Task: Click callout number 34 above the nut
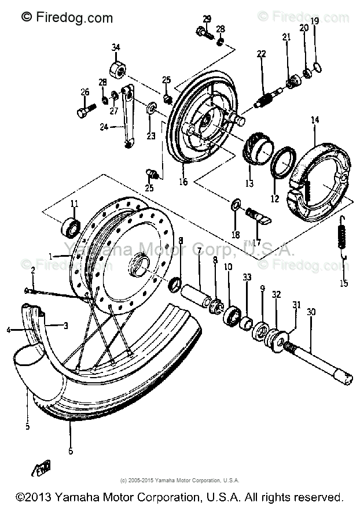tap(116, 47)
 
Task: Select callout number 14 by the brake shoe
tap(315, 120)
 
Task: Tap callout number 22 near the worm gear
tap(262, 54)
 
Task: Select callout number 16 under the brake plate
tap(183, 182)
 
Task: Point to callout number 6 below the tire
tap(71, 451)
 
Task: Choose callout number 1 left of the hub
tap(50, 256)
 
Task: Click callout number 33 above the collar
tap(247, 278)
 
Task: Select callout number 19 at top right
tap(315, 21)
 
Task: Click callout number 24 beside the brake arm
tap(104, 127)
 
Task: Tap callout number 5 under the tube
tap(27, 427)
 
